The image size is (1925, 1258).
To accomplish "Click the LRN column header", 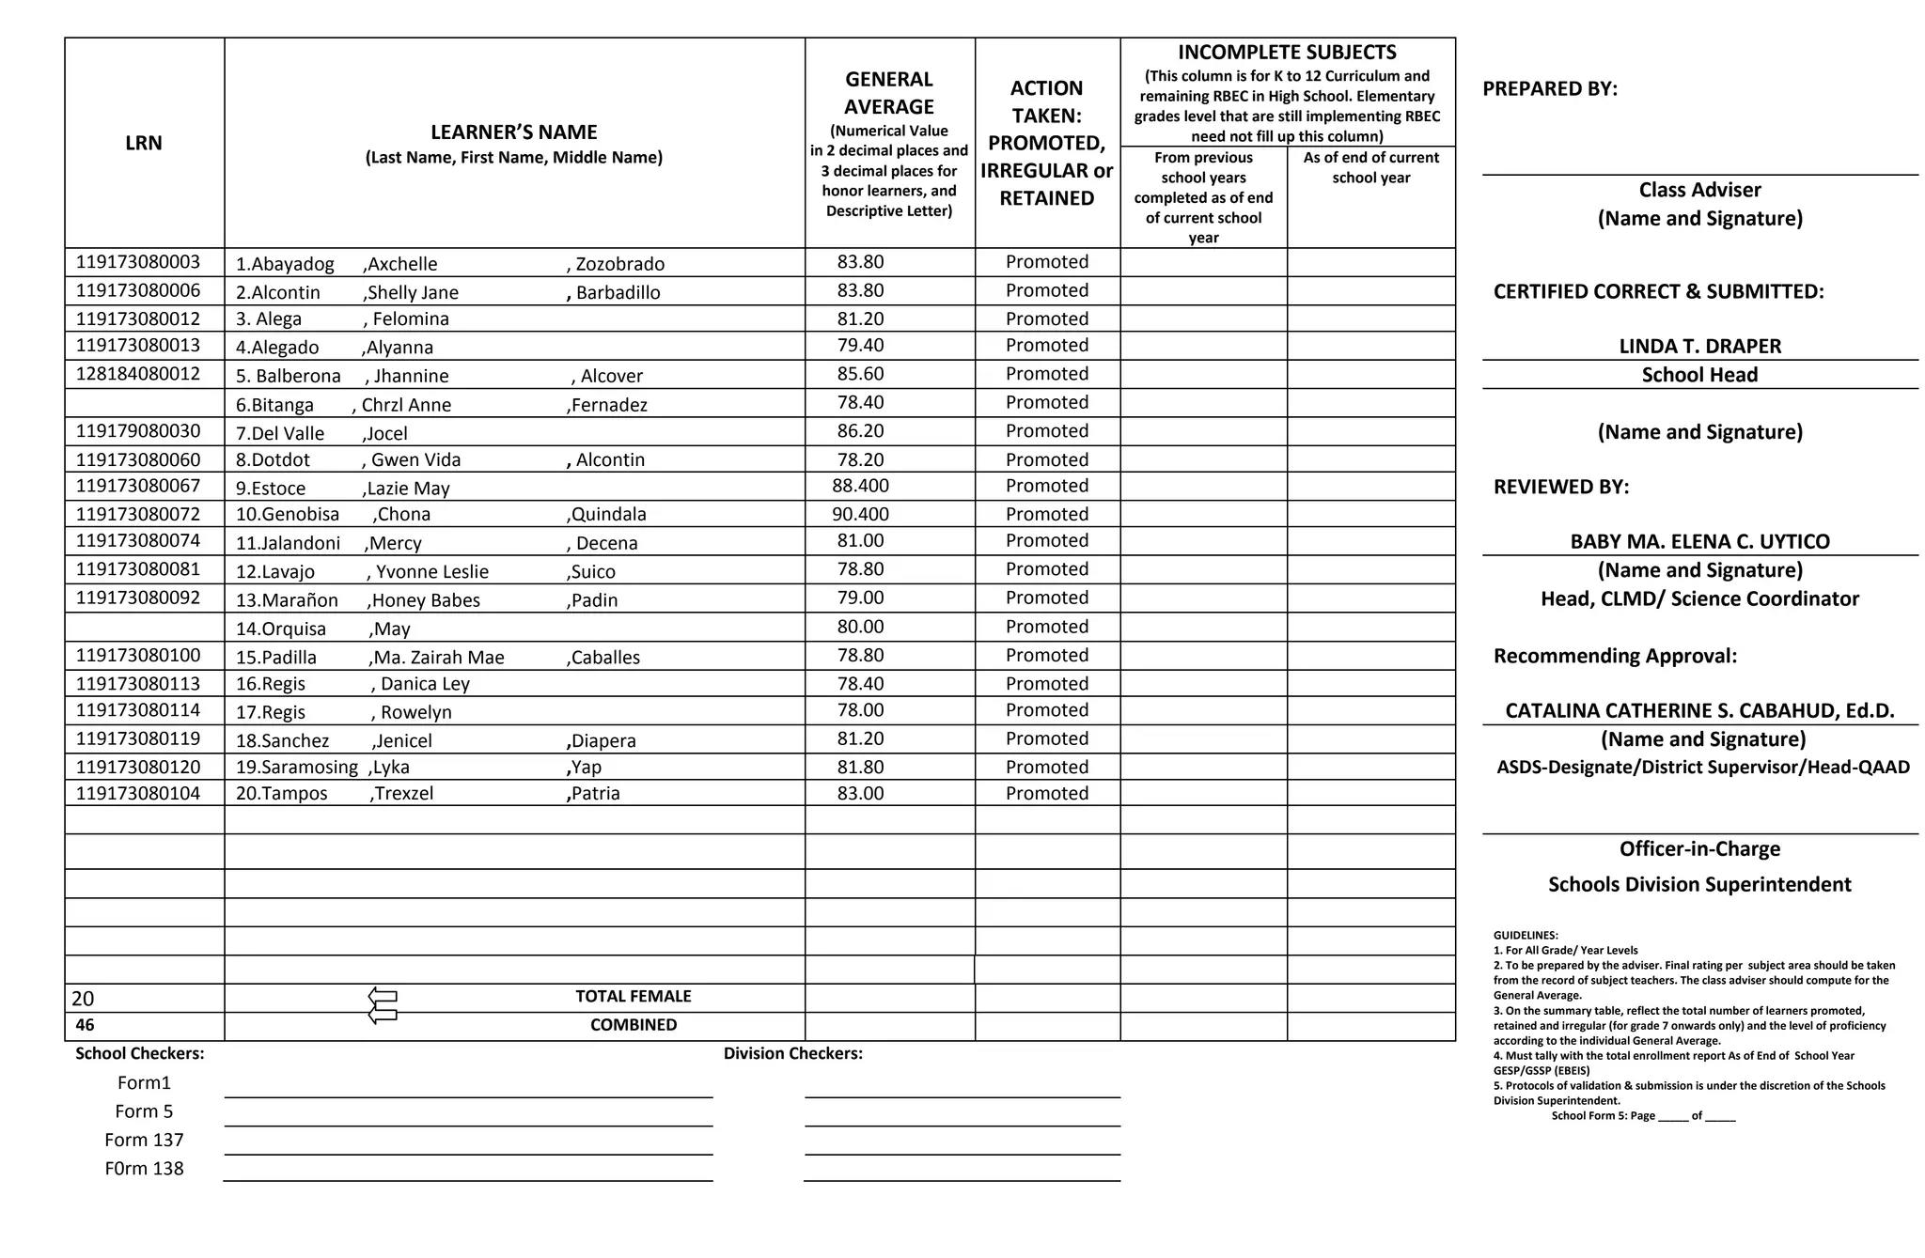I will [144, 143].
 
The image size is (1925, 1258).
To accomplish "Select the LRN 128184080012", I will [138, 374].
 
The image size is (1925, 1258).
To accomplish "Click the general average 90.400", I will [860, 514].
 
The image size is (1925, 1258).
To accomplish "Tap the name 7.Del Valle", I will [280, 433].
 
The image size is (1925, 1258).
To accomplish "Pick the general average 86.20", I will [860, 431].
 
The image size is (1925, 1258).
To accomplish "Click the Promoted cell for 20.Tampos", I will [1046, 793].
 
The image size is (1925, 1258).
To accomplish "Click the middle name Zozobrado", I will [619, 264].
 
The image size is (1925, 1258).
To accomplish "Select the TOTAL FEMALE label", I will [633, 996].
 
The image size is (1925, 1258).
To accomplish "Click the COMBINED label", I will [633, 1025].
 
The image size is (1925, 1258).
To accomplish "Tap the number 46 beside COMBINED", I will [85, 1025].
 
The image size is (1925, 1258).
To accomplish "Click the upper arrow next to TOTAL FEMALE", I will [383, 996].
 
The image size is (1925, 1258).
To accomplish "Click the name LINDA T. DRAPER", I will [1699, 346].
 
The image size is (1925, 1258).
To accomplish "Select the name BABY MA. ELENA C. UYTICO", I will [1699, 541].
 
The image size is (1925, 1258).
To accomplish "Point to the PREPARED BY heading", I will [1549, 89].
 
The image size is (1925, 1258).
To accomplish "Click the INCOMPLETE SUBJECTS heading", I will [1287, 53].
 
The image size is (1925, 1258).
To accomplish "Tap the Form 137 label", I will [144, 1140].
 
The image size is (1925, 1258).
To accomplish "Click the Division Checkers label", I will [792, 1053].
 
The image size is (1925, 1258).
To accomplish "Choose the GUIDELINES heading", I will [1525, 935].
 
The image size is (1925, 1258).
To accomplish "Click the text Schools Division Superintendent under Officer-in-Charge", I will [1699, 884].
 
